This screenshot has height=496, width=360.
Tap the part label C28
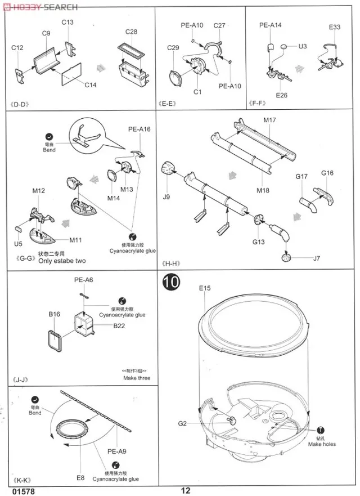[x=131, y=32]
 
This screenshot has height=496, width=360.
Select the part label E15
[x=204, y=288]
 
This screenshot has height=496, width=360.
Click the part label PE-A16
[x=139, y=129]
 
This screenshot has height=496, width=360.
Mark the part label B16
[x=54, y=314]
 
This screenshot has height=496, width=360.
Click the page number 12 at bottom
[x=186, y=490]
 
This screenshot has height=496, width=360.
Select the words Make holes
[x=322, y=444]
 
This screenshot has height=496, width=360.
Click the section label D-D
[x=22, y=104]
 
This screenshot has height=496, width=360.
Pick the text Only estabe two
[x=62, y=261]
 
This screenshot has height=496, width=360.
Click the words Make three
[x=137, y=378]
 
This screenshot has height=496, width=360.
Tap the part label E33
[x=335, y=27]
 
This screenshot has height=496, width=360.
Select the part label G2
[x=182, y=423]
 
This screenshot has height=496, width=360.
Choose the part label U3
[x=303, y=46]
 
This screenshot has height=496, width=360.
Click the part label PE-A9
[x=117, y=450]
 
